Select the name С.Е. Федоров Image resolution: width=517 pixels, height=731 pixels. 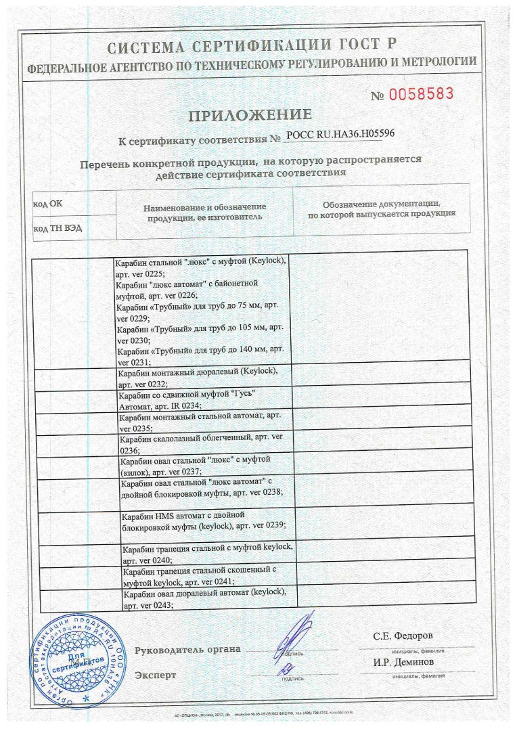point(403,636)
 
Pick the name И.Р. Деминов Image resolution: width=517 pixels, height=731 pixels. point(403,662)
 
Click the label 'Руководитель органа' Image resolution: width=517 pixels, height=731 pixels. point(188,650)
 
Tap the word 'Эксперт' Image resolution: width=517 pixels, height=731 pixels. point(156,675)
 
